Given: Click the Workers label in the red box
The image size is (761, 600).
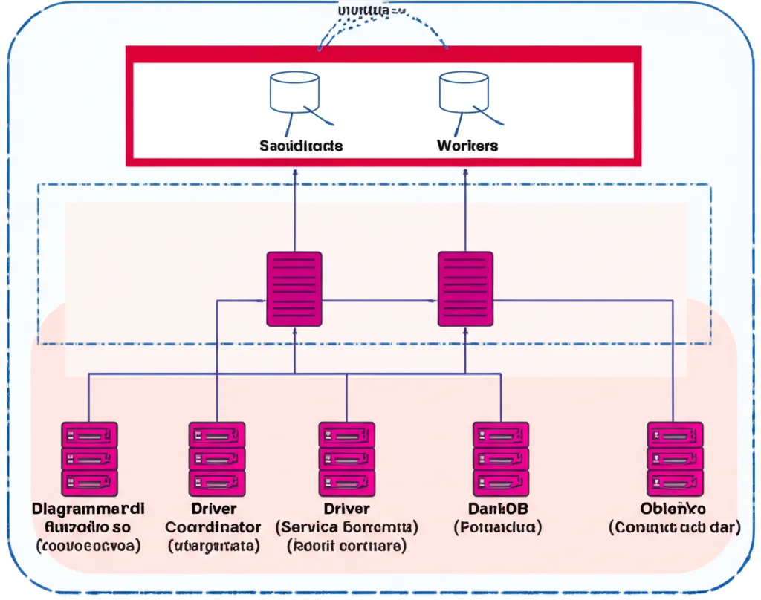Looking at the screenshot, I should (467, 146).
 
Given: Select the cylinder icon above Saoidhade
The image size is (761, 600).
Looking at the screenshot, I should (294, 91).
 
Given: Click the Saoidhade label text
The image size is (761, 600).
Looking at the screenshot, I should (301, 146).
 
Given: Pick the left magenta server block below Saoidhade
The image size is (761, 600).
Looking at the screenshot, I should (294, 289).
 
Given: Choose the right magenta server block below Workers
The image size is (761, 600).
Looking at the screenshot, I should (465, 289).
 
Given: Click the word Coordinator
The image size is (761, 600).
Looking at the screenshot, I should (213, 527).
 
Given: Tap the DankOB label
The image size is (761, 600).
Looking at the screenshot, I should (497, 509).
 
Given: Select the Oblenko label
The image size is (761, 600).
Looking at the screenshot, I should (673, 509).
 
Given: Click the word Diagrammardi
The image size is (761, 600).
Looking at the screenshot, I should (88, 509).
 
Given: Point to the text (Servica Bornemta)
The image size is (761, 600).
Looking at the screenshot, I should (346, 527).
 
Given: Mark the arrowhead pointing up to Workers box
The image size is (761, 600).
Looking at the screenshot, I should (465, 172).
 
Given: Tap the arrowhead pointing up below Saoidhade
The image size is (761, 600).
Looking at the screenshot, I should (294, 172).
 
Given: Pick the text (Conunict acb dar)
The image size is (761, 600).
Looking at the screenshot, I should (674, 528).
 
